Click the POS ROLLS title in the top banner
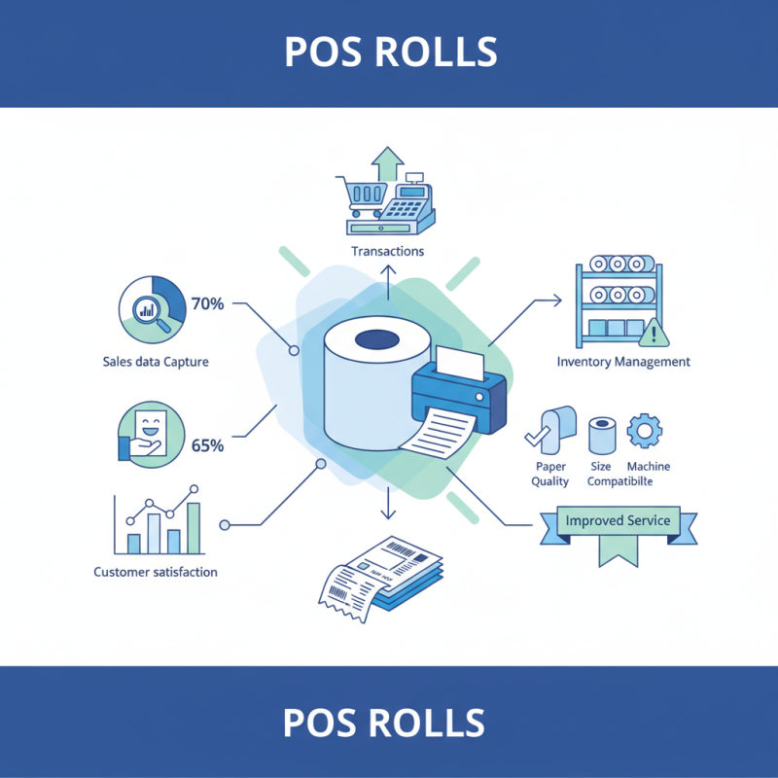click(x=390, y=51)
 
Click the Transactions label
click(x=387, y=251)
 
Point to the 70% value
click(x=207, y=303)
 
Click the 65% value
click(x=207, y=445)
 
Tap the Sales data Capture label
click(x=156, y=362)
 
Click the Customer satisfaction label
click(x=156, y=572)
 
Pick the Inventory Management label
click(x=623, y=362)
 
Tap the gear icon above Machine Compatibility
click(x=643, y=430)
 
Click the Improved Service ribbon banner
click(x=618, y=522)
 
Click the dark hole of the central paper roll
click(x=375, y=340)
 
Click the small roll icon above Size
click(x=603, y=436)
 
